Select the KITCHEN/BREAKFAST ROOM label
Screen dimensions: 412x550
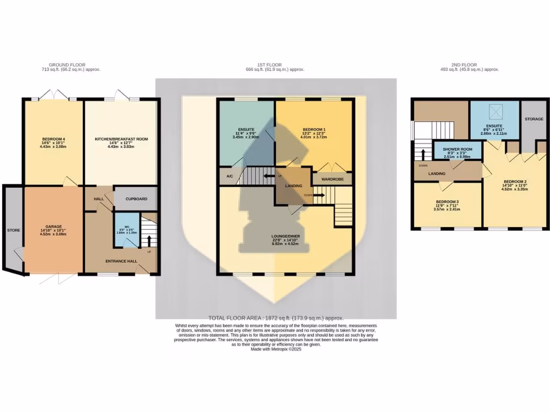[121, 139]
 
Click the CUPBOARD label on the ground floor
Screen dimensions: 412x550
[136, 198]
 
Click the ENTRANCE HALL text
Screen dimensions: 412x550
[121, 261]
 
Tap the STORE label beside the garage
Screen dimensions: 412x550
[13, 230]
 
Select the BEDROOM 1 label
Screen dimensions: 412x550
[314, 130]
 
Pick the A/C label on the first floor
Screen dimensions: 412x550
[229, 176]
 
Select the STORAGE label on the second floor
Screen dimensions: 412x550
[534, 119]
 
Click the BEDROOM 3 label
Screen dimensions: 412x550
[446, 202]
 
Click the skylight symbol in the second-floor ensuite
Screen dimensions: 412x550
[494, 112]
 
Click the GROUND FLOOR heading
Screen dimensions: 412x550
[71, 65]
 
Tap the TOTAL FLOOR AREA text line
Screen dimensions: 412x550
[276, 318]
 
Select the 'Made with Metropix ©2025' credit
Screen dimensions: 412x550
[276, 349]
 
